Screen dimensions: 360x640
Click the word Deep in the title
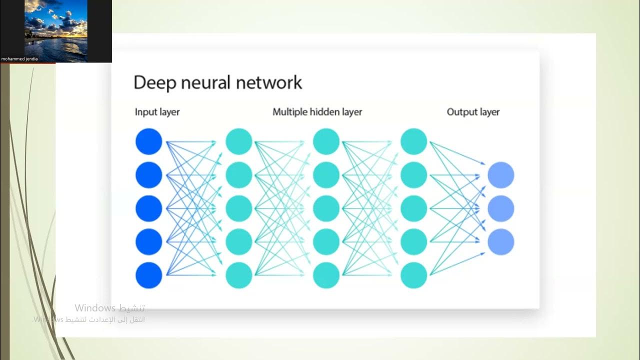(x=152, y=82)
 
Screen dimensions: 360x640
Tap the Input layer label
(x=157, y=112)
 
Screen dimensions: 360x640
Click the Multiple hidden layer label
(x=317, y=112)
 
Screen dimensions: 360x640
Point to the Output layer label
(x=473, y=112)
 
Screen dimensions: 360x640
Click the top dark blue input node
(x=149, y=141)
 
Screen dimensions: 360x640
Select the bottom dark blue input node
(x=149, y=275)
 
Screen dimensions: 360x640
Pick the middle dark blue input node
(x=149, y=208)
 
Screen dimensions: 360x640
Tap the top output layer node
(x=500, y=175)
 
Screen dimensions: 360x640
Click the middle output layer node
(x=500, y=208)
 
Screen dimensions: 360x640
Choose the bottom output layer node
(x=500, y=242)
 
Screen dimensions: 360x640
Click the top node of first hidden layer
(x=238, y=141)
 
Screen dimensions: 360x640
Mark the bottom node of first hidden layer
(x=238, y=275)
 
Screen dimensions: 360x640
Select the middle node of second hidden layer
(x=326, y=208)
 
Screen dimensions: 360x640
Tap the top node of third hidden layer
(x=413, y=141)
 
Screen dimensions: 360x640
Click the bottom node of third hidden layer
(x=413, y=275)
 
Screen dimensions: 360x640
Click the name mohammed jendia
(x=19, y=59)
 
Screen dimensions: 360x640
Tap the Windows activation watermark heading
(x=110, y=308)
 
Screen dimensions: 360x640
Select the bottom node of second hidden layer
(x=326, y=275)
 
